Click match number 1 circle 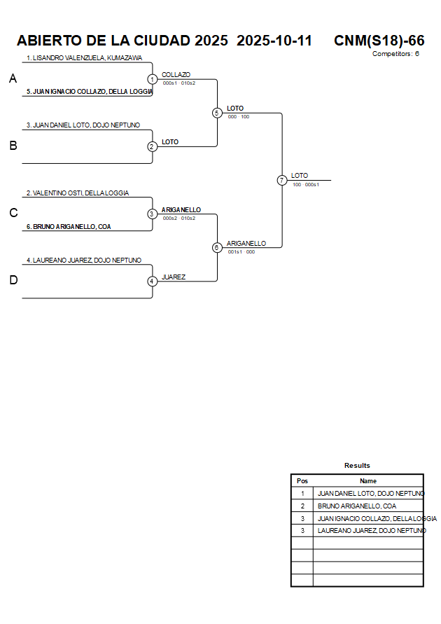(x=152, y=79)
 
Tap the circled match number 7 (x=281, y=180)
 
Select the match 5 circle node (x=217, y=113)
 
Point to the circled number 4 (x=152, y=281)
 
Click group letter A (x=13, y=79)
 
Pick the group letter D (x=13, y=281)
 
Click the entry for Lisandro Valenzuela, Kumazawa (x=84, y=58)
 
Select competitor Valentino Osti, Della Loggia (x=78, y=193)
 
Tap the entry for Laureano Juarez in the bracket (x=84, y=261)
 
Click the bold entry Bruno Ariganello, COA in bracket (x=69, y=226)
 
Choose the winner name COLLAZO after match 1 (x=176, y=74)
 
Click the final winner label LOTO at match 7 (x=299, y=176)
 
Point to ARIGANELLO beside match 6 (x=246, y=243)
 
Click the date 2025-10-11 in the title (x=274, y=41)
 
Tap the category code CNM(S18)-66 (x=379, y=41)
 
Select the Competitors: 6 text (x=395, y=54)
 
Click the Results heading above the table (x=357, y=466)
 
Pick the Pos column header (x=302, y=481)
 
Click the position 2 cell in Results (x=302, y=506)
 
